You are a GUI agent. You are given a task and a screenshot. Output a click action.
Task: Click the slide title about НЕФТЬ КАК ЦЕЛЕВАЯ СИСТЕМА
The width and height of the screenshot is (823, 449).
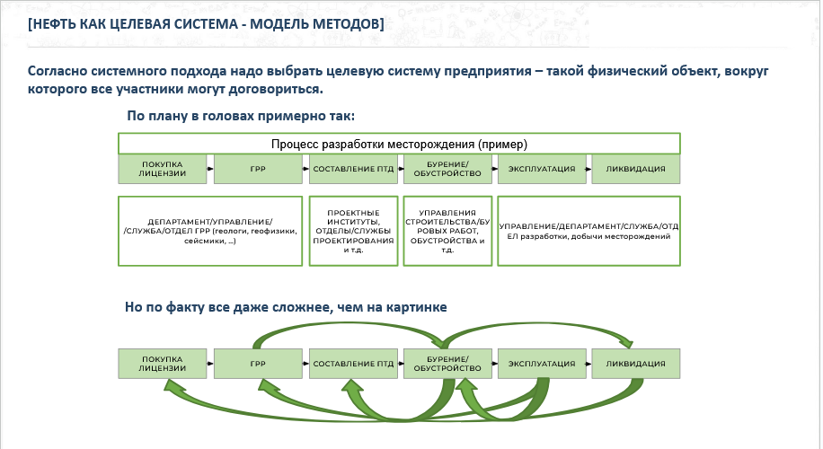click(x=206, y=24)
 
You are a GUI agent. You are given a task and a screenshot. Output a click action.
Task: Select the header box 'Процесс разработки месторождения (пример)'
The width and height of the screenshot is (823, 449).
click(x=399, y=144)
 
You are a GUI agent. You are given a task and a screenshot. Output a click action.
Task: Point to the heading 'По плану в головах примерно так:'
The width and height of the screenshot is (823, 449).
click(x=241, y=116)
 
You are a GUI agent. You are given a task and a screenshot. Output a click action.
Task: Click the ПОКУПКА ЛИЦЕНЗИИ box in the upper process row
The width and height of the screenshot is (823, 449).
click(x=163, y=168)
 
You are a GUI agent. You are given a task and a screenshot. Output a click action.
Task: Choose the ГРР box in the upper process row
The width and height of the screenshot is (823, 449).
click(x=258, y=168)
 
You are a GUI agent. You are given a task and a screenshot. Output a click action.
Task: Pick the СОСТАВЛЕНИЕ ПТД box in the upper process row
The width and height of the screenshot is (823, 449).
click(x=353, y=168)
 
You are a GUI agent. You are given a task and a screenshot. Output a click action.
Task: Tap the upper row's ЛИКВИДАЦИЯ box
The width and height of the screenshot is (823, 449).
click(x=635, y=168)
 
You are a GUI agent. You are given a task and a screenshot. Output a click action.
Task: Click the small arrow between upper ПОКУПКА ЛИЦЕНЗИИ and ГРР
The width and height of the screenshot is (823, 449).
click(x=210, y=168)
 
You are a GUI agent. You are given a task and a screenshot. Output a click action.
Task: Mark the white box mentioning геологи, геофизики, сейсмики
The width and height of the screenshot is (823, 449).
click(x=209, y=230)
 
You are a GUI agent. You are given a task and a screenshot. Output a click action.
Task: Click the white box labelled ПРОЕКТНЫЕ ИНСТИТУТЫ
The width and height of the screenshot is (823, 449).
click(x=353, y=230)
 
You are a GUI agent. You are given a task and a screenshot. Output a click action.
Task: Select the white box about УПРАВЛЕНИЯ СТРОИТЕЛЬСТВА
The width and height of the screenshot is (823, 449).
click(x=447, y=230)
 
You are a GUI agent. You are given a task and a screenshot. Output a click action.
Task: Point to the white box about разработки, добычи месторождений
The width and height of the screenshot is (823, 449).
click(x=588, y=230)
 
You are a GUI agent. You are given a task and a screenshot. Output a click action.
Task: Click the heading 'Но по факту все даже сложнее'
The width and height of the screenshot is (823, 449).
click(x=286, y=308)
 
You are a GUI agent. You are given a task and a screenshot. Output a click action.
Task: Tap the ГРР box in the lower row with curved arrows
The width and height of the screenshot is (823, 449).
click(x=258, y=364)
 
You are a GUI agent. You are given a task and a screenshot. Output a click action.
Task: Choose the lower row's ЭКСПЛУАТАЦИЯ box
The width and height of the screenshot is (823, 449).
click(x=542, y=364)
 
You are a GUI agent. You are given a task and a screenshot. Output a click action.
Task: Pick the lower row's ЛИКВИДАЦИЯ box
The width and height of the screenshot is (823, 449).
click(x=635, y=364)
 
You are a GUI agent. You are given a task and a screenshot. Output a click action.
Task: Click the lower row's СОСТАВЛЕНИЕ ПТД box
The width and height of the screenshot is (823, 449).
click(x=353, y=364)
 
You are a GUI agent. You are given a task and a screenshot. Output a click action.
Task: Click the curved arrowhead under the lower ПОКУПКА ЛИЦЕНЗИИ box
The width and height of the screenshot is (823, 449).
click(x=171, y=386)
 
